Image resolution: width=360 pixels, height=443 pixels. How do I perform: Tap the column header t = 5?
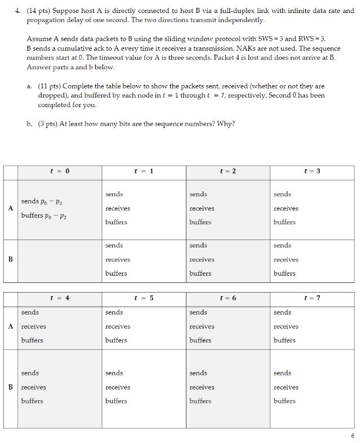click(x=144, y=298)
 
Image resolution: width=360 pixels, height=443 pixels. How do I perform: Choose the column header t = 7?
click(x=312, y=298)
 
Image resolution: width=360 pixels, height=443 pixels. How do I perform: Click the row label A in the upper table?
click(x=10, y=208)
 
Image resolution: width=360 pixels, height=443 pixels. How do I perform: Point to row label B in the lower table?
click(x=10, y=387)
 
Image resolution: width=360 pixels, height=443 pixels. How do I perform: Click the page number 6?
click(x=352, y=436)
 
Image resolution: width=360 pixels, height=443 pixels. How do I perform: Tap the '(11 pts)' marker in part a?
click(x=50, y=86)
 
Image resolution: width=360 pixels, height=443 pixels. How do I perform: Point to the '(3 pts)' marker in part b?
click(x=48, y=124)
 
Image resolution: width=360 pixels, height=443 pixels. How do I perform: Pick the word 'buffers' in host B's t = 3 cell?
click(x=285, y=273)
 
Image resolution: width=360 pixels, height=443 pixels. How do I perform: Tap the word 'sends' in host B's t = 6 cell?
click(x=198, y=373)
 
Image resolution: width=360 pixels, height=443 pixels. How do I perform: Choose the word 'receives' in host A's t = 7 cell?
click(x=286, y=326)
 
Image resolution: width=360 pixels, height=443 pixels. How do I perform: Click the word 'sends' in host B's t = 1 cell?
click(x=114, y=246)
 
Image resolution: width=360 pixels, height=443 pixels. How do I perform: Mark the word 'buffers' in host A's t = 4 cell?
click(x=32, y=340)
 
